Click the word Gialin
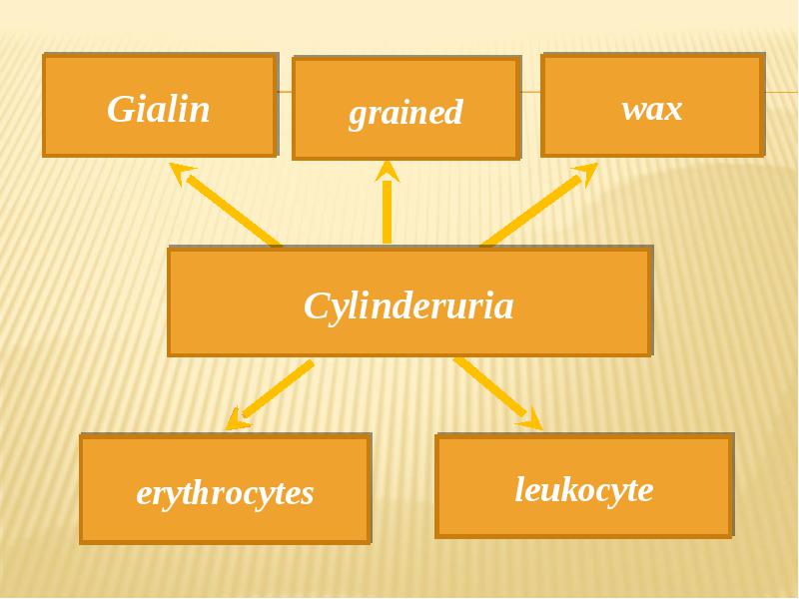158,109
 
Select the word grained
405,113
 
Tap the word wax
652,110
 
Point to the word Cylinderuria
408,306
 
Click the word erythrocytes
225,494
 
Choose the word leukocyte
584,489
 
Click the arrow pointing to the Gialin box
225,205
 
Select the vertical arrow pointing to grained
388,203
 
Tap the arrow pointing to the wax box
539,205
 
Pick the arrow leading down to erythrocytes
270,394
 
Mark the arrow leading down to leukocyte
498,393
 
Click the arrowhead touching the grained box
388,171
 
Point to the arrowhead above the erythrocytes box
237,419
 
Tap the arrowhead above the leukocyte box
531,419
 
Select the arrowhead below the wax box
585,173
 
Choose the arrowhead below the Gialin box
182,173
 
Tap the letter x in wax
672,111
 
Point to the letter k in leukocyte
567,488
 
